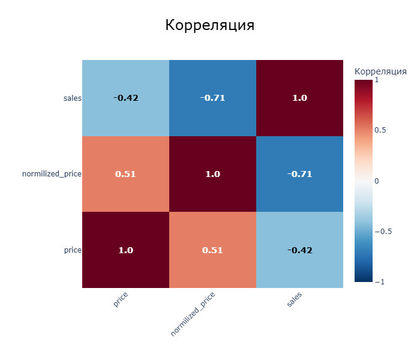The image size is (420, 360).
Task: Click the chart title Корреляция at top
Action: [209, 26]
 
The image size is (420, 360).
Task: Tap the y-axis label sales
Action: [72, 98]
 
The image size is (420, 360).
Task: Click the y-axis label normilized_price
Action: [52, 174]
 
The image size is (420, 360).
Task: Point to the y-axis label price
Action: [73, 250]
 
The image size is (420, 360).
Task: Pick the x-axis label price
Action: [121, 299]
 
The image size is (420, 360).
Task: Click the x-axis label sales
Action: [295, 300]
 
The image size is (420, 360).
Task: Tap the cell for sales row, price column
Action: [125, 98]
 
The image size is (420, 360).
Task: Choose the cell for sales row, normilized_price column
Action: [212, 98]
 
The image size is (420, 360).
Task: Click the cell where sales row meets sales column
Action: [299, 98]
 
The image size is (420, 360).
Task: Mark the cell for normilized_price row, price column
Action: [125, 174]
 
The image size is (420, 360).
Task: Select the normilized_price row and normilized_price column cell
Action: [212, 174]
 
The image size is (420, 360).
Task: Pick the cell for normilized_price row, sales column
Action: [299, 174]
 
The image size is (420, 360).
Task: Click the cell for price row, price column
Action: [125, 250]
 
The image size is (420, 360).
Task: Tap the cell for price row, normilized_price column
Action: [212, 250]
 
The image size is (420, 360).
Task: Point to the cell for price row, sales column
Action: [299, 250]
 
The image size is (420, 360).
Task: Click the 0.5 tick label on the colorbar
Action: [380, 130]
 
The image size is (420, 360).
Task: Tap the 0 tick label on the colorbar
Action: [377, 181]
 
